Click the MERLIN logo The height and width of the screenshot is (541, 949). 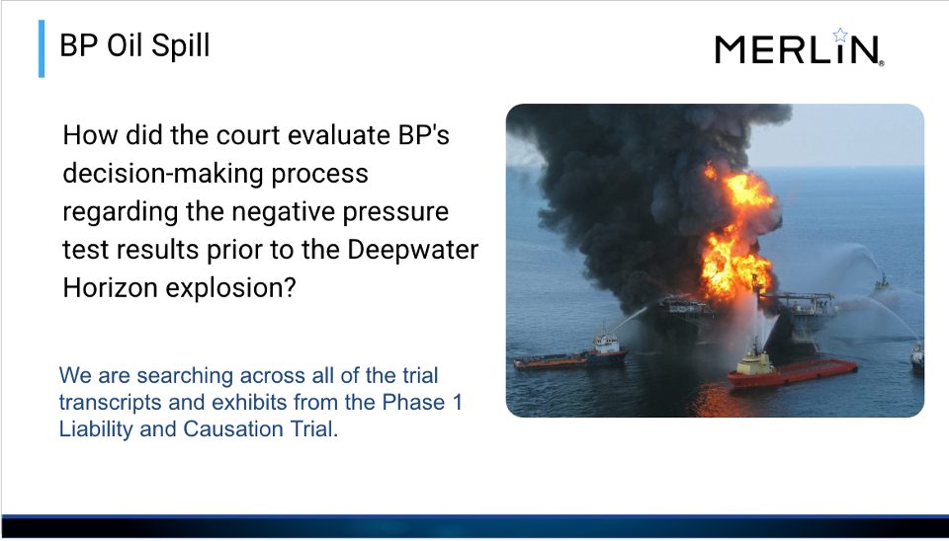tap(799, 47)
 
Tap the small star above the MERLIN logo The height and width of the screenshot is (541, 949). tap(840, 35)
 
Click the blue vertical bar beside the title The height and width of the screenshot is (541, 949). tap(42, 49)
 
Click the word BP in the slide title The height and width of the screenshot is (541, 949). tap(79, 45)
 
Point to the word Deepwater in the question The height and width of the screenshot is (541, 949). tap(413, 250)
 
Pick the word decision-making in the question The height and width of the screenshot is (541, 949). tap(163, 174)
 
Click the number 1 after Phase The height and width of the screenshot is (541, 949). tap(457, 402)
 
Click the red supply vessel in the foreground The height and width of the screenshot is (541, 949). tap(792, 366)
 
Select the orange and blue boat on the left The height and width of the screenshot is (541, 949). tap(570, 351)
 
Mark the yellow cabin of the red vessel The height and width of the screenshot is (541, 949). tap(754, 364)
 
